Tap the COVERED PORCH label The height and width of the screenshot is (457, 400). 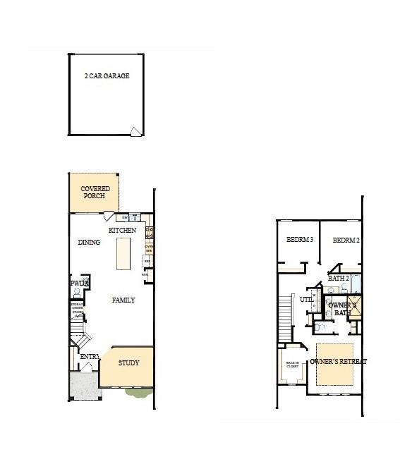click(95, 193)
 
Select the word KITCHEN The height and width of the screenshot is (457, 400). click(121, 231)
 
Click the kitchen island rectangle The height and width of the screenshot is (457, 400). click(123, 253)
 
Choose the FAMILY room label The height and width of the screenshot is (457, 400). click(123, 300)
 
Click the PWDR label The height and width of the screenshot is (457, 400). click(77, 284)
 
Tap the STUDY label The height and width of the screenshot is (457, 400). click(128, 363)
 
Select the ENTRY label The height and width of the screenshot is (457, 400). click(89, 357)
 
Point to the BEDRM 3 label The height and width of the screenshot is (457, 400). click(300, 240)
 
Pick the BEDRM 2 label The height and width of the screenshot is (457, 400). click(346, 240)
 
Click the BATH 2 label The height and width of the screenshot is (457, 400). click(338, 279)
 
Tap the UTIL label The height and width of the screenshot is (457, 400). click(306, 299)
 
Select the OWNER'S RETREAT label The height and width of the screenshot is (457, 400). click(339, 361)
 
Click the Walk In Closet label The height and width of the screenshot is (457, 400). click(292, 365)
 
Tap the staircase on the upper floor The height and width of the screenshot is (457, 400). click(285, 318)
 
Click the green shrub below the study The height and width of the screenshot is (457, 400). click(138, 391)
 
